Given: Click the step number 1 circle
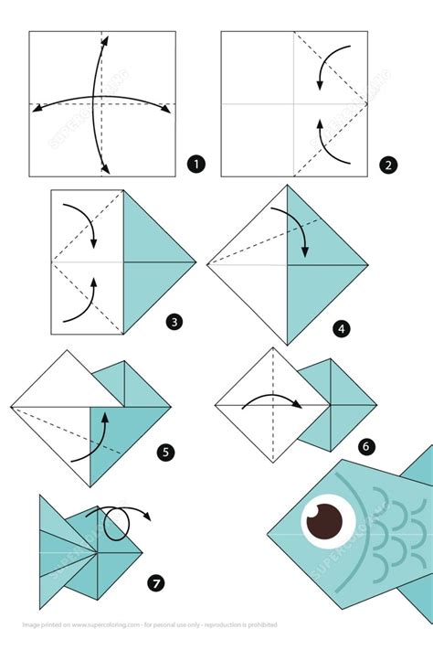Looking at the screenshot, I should pyautogui.click(x=195, y=165).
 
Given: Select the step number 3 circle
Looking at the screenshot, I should pyautogui.click(x=174, y=321).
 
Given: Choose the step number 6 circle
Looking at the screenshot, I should pyautogui.click(x=366, y=446).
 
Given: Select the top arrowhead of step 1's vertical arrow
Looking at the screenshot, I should pyautogui.click(x=106, y=40).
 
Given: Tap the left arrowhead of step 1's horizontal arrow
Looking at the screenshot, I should pyautogui.click(x=37, y=109).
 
